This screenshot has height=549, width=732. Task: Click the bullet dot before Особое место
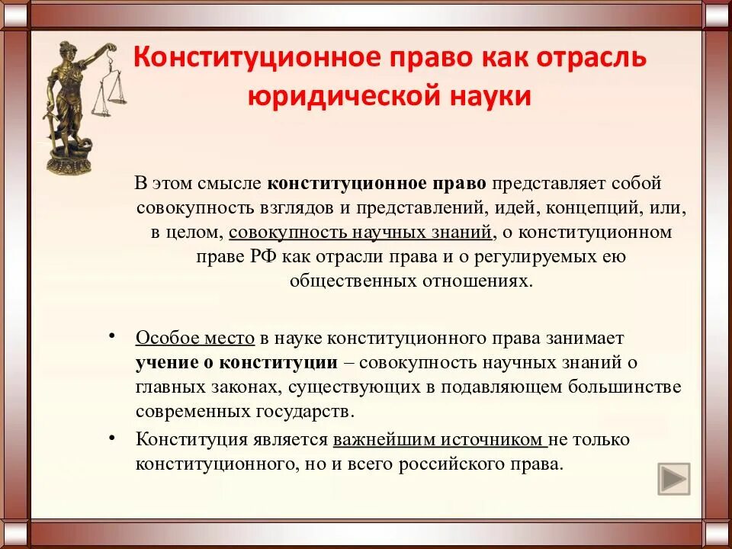point(112,336)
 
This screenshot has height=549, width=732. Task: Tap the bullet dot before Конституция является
point(112,438)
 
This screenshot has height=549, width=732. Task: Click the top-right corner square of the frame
point(716,14)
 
